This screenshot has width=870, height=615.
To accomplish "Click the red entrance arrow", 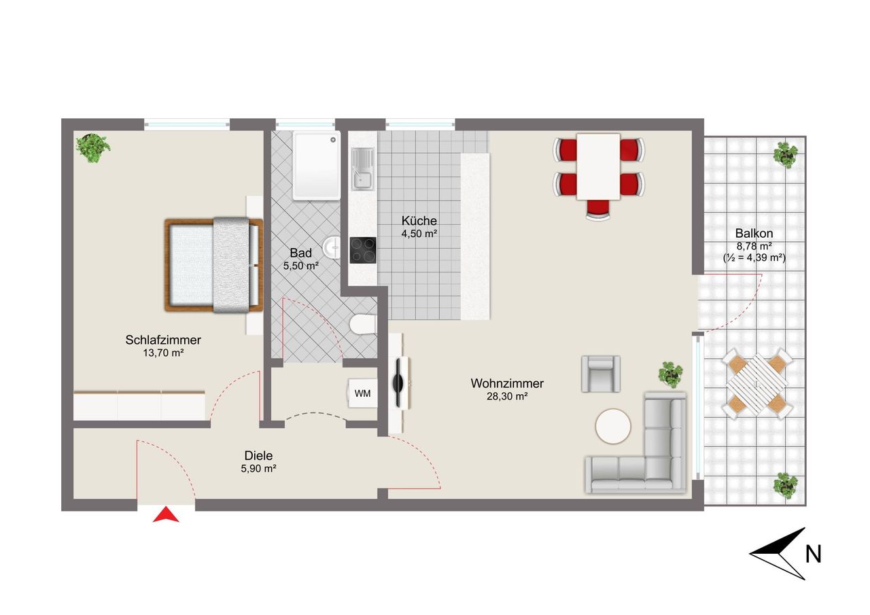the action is click(x=166, y=514).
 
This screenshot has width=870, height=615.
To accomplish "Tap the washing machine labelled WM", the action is click(x=362, y=393).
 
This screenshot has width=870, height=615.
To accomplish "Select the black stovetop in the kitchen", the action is click(x=363, y=251).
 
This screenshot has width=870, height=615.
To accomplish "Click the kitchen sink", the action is click(x=362, y=169).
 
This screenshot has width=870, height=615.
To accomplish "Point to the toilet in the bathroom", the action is click(x=362, y=324).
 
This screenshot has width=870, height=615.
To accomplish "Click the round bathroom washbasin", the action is click(x=332, y=247).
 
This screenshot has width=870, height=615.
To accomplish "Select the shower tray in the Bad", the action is click(x=317, y=166).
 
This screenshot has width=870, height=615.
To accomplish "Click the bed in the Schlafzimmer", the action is click(x=213, y=265).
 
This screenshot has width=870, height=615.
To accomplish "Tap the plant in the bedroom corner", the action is click(x=93, y=147).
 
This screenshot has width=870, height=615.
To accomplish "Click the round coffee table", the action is click(x=613, y=426).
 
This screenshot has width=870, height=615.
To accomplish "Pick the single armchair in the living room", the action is click(x=600, y=374).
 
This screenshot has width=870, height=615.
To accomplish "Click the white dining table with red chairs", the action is click(x=598, y=167).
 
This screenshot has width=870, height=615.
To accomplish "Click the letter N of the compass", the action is click(x=814, y=555).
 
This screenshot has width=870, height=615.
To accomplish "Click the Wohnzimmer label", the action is click(x=507, y=383).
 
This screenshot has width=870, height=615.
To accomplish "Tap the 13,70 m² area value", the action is click(x=163, y=353).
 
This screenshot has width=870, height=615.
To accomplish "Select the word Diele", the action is click(x=258, y=455).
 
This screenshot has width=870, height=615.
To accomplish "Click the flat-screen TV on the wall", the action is click(x=399, y=383).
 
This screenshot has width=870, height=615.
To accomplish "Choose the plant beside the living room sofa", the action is click(x=670, y=374).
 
